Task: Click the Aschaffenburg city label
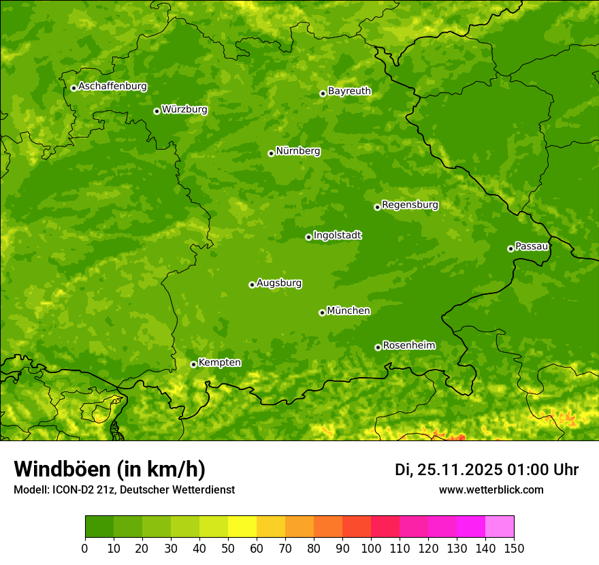tap(112, 86)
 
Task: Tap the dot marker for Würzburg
tap(157, 111)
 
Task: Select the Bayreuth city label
tap(349, 91)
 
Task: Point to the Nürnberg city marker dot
tap(271, 153)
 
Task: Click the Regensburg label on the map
tap(410, 204)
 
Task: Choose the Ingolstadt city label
tap(337, 235)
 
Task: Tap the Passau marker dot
tap(511, 248)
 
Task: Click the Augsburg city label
tap(279, 282)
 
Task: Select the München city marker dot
tap(322, 312)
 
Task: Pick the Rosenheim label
tap(408, 345)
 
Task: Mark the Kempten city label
tap(219, 362)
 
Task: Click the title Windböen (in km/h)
tap(110, 469)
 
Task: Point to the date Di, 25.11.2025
tap(448, 470)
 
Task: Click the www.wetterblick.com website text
tap(491, 489)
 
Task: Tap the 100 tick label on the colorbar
tap(371, 548)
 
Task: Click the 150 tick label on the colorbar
tap(513, 548)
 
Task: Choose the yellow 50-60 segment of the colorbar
tap(242, 527)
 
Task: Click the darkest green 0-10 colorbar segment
tap(99, 527)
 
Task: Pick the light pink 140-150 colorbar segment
tap(500, 527)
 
